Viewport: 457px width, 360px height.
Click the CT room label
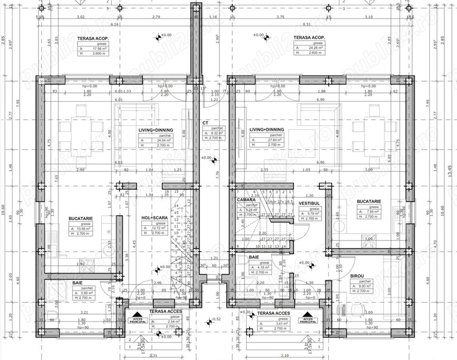[205, 123]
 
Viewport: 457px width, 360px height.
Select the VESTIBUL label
[309, 203]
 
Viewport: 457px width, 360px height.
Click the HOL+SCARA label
[154, 218]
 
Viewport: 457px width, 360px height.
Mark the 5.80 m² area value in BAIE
[86, 293]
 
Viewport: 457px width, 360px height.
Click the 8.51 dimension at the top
[307, 24]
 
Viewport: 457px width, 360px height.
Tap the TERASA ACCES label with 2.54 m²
[166, 311]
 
